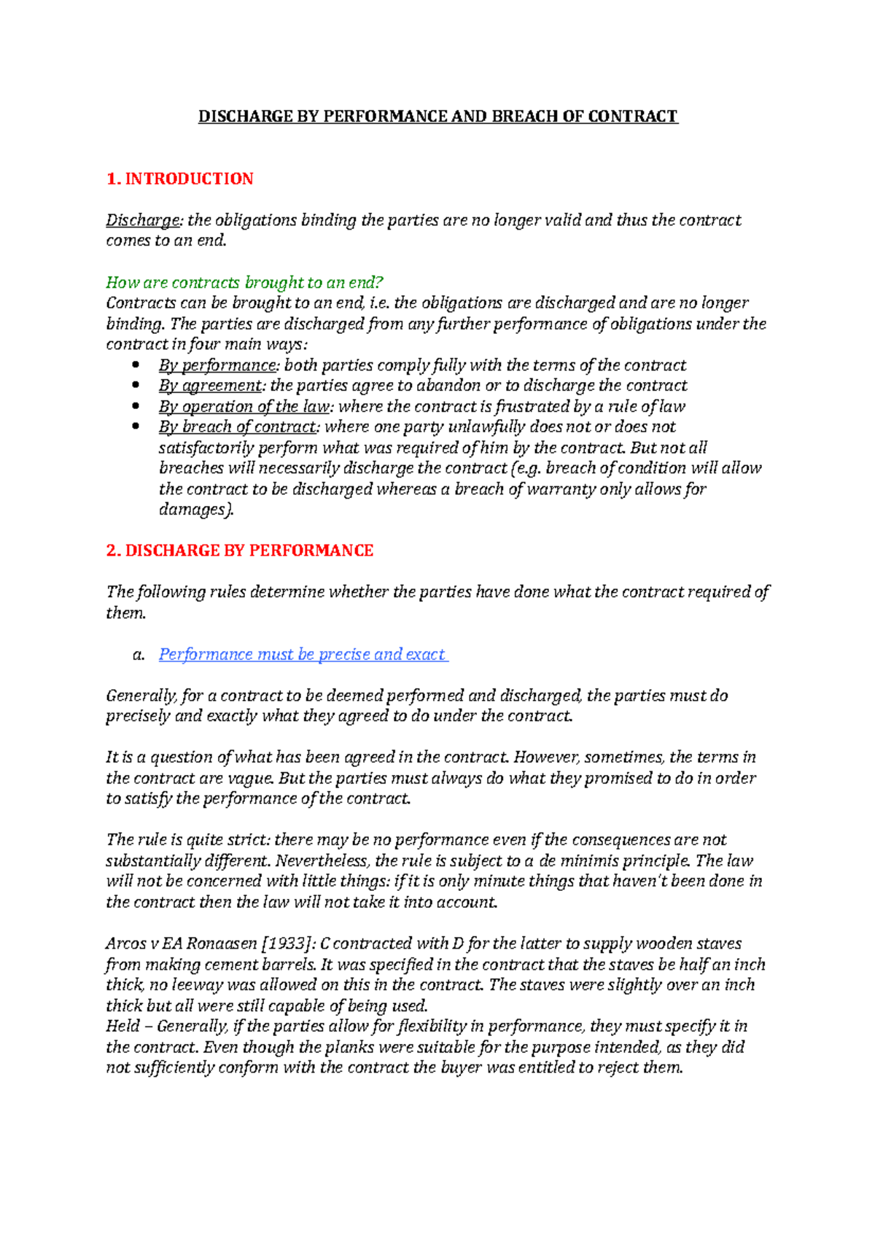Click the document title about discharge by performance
click(437, 117)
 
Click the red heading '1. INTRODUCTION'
click(179, 179)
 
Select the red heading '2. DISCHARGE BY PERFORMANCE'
click(239, 551)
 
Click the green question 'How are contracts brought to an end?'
click(244, 282)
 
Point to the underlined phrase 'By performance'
click(217, 365)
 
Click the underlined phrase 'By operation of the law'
click(244, 407)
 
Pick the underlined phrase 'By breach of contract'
click(238, 427)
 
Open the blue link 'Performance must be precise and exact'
click(302, 655)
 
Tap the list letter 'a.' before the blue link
click(139, 655)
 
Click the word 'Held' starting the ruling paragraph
click(122, 1027)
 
